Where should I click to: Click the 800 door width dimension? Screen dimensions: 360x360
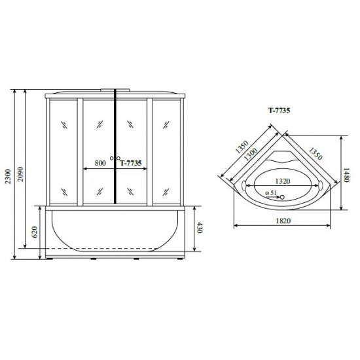tap(100, 164)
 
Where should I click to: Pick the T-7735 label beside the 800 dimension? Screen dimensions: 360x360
tap(132, 164)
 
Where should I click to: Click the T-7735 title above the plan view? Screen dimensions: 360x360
tap(279, 111)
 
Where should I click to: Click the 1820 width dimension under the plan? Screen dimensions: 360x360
tap(282, 221)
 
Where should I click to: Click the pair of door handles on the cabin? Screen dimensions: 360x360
tap(117, 158)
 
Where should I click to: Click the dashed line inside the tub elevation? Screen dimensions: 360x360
tap(117, 249)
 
